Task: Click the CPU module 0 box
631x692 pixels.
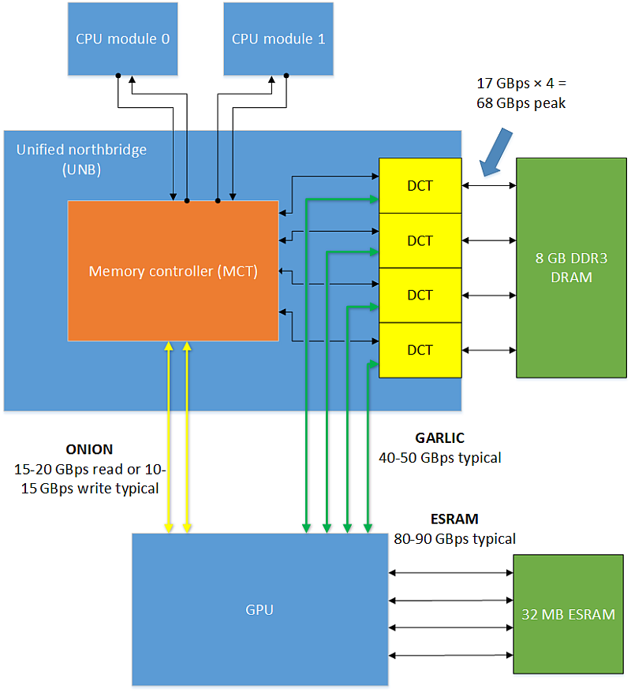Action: click(x=123, y=39)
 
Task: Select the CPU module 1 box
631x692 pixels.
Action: click(x=278, y=39)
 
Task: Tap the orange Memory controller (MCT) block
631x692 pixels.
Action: click(x=173, y=271)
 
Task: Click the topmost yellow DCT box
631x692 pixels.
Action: click(x=420, y=186)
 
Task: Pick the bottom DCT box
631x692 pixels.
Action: click(x=420, y=350)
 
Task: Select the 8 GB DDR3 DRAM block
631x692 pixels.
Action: click(x=571, y=268)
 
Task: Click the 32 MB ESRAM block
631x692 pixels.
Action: click(x=569, y=614)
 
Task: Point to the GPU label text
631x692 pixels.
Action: click(x=259, y=609)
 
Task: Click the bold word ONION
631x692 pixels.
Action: click(x=89, y=449)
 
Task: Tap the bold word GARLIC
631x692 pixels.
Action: click(x=440, y=437)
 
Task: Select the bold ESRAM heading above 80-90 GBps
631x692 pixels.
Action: click(x=454, y=519)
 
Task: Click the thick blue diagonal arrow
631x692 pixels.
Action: click(x=496, y=152)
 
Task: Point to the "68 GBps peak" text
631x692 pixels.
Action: click(x=521, y=103)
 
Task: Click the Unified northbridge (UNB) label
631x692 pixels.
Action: click(x=82, y=159)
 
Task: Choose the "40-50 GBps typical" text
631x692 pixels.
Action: click(x=440, y=458)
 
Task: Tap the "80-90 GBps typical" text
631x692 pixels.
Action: click(x=455, y=539)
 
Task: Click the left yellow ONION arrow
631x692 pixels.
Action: click(x=169, y=437)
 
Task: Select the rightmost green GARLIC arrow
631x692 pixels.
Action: click(x=368, y=446)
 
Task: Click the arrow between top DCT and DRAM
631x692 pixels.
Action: click(x=489, y=186)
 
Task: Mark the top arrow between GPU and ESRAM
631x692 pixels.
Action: click(x=451, y=573)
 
